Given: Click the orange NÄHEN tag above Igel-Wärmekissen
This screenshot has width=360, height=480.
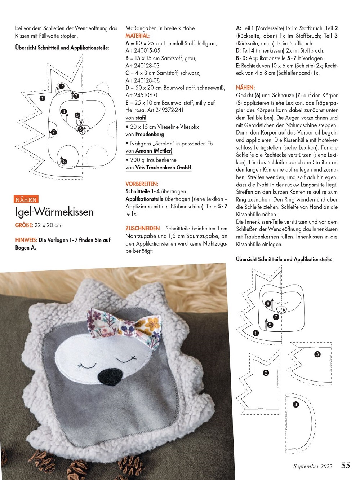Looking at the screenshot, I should (26, 199).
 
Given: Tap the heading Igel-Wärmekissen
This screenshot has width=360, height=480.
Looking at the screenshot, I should (54, 212).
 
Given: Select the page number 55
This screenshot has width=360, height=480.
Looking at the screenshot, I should (345, 465).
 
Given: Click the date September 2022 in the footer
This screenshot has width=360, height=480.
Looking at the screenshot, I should (312, 466).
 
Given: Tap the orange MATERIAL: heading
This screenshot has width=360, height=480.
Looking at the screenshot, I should (137, 36).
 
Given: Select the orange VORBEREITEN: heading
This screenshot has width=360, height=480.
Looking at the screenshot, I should (142, 184).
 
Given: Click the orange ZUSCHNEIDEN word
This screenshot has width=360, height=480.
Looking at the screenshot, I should (142, 228).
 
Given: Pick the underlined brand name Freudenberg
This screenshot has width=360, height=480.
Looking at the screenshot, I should (150, 134).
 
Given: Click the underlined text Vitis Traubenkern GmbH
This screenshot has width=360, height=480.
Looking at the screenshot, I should (163, 167).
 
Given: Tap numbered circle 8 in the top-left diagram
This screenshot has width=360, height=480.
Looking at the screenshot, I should (65, 162).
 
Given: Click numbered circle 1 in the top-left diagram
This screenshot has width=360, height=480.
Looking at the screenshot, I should (43, 98).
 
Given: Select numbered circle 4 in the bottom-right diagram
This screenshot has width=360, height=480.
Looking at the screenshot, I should (296, 405).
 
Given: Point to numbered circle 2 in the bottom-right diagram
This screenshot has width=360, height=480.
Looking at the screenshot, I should (266, 373).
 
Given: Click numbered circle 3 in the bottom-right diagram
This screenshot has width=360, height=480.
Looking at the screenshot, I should (317, 354).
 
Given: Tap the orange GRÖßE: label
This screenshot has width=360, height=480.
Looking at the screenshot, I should (24, 225).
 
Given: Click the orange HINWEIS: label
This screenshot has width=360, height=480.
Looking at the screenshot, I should (26, 240).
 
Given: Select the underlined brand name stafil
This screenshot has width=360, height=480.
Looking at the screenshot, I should (141, 118).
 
